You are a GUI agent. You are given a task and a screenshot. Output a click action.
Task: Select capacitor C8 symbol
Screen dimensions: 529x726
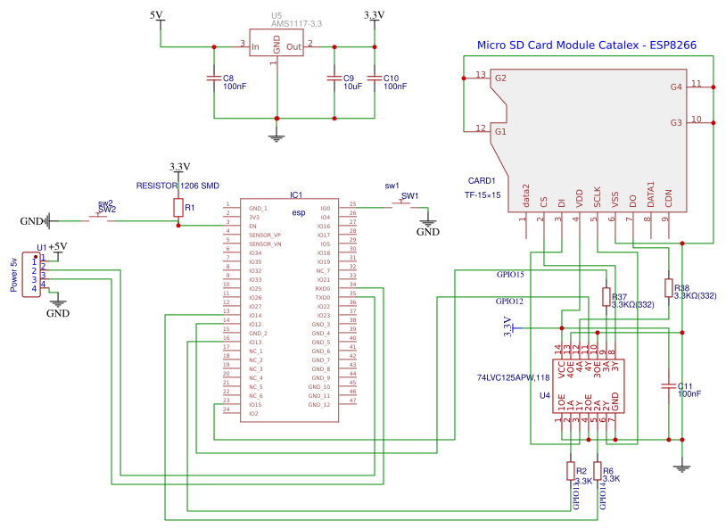[x=214, y=79]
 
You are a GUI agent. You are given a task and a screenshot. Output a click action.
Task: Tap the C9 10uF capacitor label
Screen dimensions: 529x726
[x=353, y=82]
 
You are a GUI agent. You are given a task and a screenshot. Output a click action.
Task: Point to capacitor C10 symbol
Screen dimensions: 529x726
[x=375, y=79]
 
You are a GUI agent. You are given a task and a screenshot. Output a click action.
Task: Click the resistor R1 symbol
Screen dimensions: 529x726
[x=178, y=208]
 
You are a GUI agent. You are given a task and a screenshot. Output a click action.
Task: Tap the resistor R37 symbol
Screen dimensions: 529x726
[x=606, y=297]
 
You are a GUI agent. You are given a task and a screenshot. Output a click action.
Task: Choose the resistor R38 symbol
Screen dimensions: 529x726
[x=668, y=287]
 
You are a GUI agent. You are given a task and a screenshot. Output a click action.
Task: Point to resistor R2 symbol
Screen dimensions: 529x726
[x=571, y=471]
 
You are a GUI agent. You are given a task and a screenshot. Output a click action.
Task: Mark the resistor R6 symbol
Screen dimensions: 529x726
[x=598, y=471]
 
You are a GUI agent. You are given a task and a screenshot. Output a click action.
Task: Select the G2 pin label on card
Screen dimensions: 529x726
[x=500, y=79]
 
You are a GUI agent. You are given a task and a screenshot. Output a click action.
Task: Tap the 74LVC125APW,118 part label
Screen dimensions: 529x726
[x=515, y=377]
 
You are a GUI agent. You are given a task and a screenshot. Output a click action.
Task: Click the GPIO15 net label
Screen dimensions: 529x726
[x=509, y=275]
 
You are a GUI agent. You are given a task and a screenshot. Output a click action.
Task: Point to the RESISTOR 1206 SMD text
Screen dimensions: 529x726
[x=177, y=186]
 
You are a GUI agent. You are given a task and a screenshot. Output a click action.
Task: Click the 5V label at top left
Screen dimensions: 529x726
[x=156, y=15]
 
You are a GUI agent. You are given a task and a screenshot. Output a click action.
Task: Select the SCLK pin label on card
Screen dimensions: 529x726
[x=598, y=194]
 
